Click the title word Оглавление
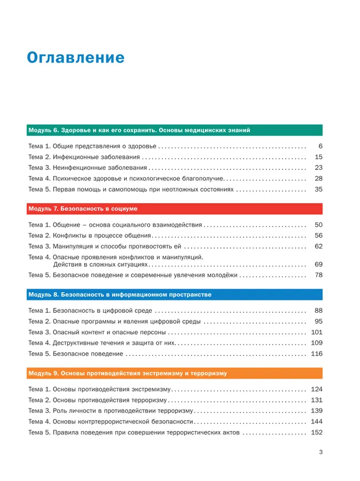point(76,58)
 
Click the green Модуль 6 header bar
point(174,131)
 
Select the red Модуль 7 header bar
point(174,209)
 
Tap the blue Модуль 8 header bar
point(174,294)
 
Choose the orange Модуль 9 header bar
point(174,373)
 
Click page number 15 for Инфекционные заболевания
point(318,157)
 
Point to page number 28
point(318,178)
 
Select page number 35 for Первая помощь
point(318,189)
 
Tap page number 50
point(318,225)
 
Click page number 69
point(318,265)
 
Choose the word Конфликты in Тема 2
point(69,236)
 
